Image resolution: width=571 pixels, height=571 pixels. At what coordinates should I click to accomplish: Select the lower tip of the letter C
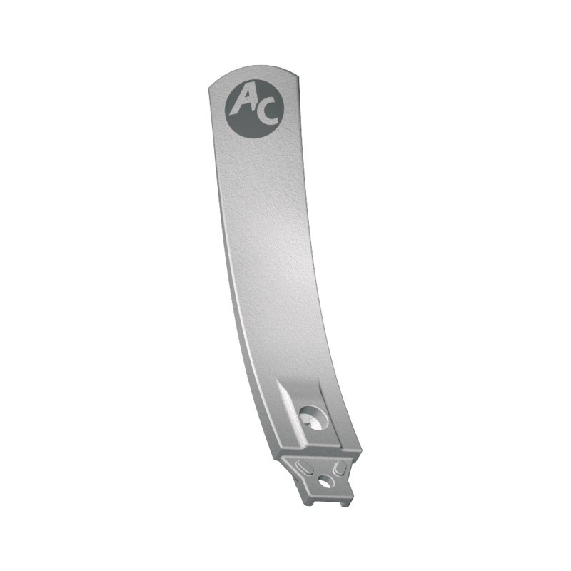[x=276, y=120]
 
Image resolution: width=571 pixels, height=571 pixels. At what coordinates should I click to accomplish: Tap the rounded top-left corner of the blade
[x=211, y=86]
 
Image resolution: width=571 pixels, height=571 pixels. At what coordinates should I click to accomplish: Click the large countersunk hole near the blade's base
[x=313, y=417]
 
